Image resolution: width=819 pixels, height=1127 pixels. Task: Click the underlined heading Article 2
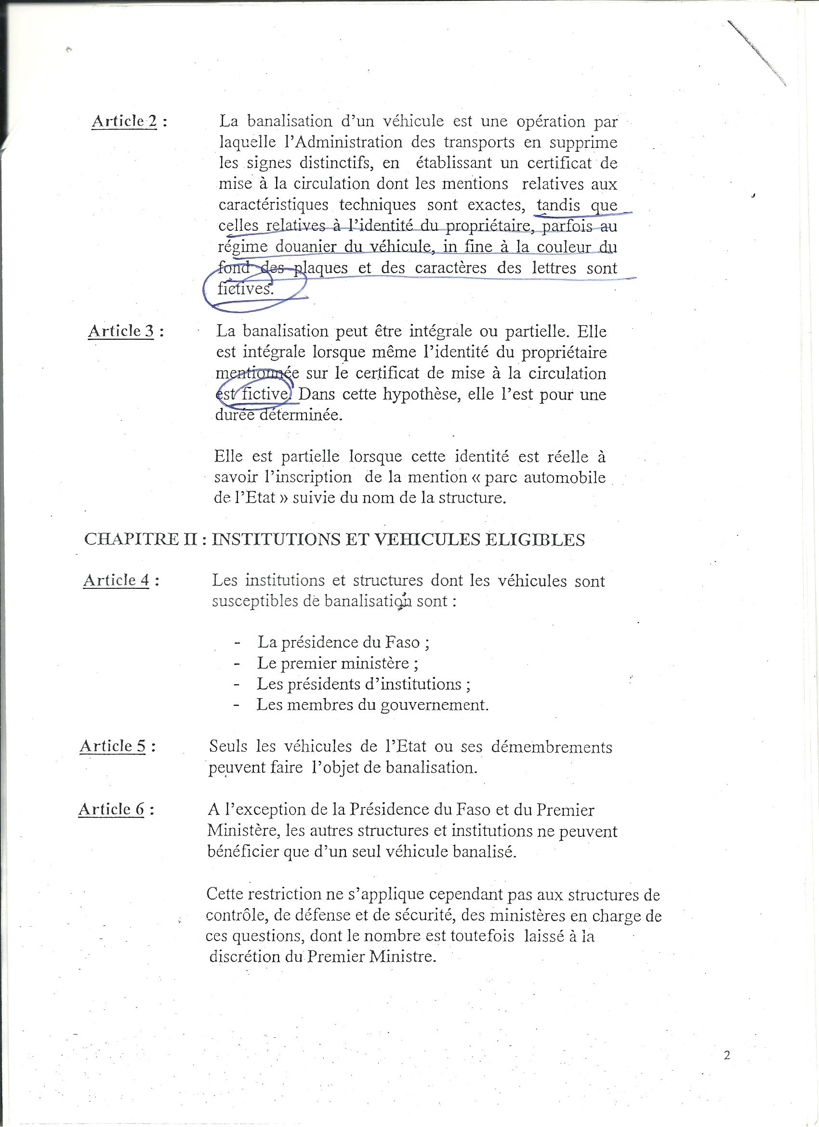124,122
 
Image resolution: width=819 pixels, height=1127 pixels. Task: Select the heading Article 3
121,331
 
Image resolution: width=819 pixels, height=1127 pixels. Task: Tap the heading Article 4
116,581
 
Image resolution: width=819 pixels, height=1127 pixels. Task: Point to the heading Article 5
113,746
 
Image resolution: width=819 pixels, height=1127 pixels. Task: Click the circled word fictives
246,289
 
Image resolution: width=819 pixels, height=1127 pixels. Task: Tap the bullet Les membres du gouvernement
373,705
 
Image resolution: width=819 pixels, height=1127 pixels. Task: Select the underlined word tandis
558,205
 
